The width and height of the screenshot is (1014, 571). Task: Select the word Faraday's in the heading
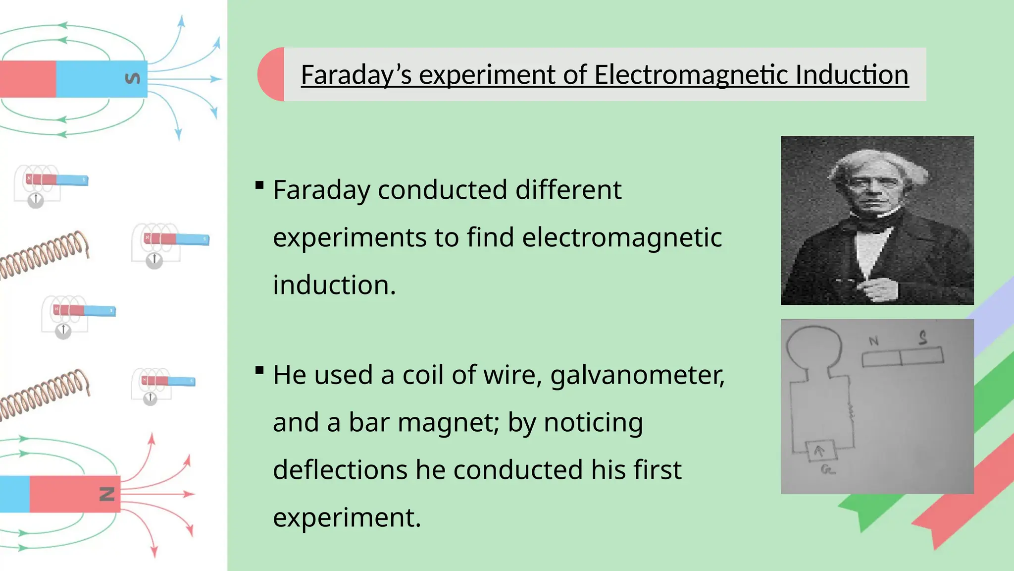click(356, 75)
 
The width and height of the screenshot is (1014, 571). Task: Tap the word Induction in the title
click(852, 75)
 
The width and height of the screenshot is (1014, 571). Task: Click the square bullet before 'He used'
click(259, 370)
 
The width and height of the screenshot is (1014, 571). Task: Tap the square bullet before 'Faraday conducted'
click(259, 185)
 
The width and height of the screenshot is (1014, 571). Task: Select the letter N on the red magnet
click(107, 494)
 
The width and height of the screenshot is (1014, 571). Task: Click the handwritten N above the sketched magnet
click(873, 341)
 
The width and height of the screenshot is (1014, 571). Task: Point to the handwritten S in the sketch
click(922, 338)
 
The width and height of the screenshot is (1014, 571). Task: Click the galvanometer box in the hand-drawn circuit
click(820, 451)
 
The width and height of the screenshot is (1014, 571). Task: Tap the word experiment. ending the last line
click(347, 517)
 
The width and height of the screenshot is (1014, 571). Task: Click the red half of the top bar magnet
click(27, 79)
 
